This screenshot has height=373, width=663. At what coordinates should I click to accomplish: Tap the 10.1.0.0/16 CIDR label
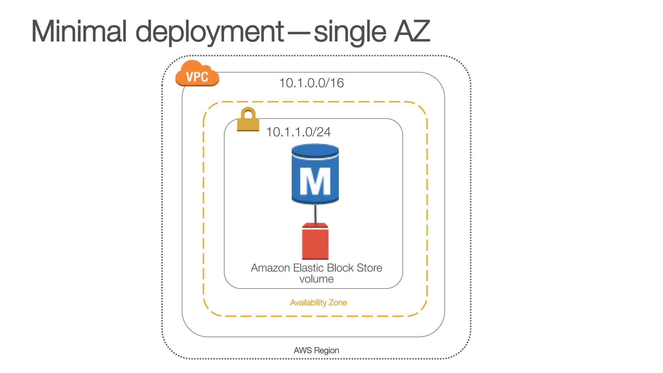(311, 83)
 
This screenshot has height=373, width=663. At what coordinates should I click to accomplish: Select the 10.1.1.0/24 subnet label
(298, 132)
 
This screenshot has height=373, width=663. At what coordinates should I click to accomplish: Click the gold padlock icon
(248, 120)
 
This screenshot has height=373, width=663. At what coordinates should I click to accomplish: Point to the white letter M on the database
(315, 182)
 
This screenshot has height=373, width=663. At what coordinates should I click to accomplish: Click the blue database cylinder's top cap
(315, 151)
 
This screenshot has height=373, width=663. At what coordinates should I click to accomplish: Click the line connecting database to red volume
(315, 214)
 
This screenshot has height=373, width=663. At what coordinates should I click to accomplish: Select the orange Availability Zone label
(318, 303)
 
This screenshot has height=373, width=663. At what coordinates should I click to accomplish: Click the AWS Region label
(316, 350)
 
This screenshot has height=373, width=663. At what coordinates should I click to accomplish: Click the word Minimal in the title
(79, 31)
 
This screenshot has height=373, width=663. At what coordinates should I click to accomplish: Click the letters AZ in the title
(412, 31)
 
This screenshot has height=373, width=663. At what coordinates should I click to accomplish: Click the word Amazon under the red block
(270, 268)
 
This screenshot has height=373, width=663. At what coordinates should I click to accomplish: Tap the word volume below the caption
(316, 279)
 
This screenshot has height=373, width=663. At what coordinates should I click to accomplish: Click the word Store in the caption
(369, 268)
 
